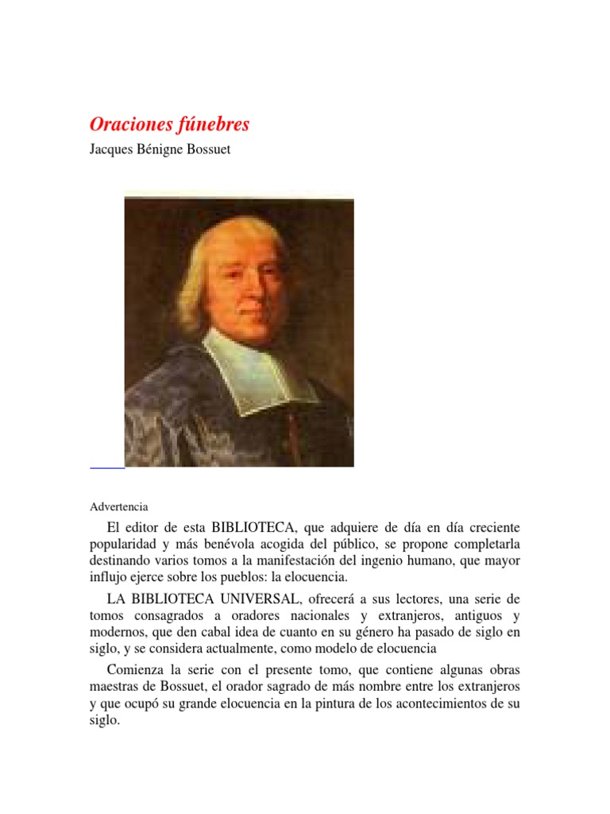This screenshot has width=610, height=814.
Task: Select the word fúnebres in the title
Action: [214, 124]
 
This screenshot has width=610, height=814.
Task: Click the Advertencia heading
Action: [118, 506]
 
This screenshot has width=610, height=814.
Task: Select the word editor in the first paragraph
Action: [149, 527]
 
